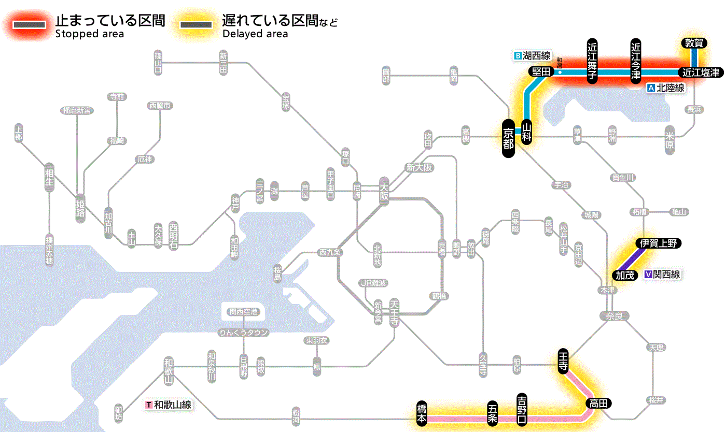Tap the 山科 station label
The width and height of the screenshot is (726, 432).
[x=527, y=133]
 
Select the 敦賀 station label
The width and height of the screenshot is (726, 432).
[x=693, y=44]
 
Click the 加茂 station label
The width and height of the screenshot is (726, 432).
[x=625, y=275]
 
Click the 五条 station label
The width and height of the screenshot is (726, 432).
[x=493, y=413]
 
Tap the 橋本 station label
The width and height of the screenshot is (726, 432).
[x=422, y=413]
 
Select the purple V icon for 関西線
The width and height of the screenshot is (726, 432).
[x=648, y=275]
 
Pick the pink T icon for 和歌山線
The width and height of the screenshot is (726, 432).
[x=149, y=405]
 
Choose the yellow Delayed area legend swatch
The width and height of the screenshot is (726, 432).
[x=196, y=24]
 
